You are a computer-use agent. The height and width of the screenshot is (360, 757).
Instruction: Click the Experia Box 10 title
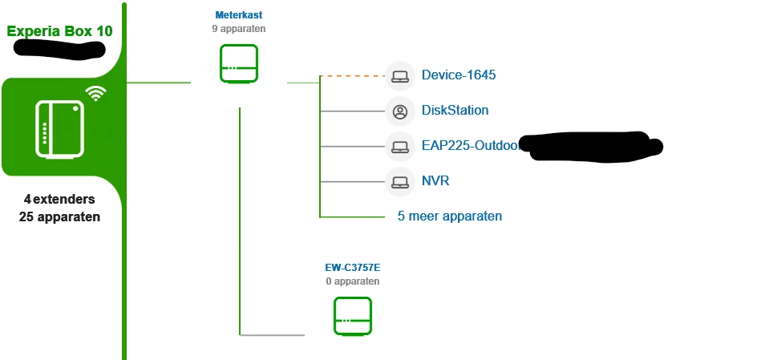click(59, 32)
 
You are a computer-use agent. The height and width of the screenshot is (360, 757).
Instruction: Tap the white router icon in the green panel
click(59, 128)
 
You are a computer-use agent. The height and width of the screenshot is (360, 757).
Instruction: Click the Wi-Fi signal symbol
click(96, 93)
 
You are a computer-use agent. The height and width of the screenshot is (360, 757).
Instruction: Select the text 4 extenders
click(59, 199)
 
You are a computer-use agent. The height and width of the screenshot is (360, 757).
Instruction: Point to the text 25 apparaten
click(59, 216)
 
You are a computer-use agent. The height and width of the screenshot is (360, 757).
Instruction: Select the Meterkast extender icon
click(239, 64)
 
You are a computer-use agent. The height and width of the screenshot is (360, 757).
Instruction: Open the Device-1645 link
click(459, 75)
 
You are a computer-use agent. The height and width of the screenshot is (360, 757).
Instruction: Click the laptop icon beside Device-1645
click(399, 76)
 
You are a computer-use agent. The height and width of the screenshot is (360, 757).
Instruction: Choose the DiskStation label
click(455, 111)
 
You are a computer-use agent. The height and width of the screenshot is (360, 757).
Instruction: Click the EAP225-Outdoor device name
click(470, 146)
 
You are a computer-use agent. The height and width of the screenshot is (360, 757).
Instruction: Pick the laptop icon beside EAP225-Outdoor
click(399, 147)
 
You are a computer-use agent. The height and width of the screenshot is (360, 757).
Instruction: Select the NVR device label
click(435, 181)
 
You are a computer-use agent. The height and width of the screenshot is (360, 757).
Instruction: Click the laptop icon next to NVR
click(399, 182)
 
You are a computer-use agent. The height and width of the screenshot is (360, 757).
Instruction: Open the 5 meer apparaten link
click(450, 216)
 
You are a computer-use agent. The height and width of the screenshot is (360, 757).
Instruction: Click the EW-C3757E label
click(352, 268)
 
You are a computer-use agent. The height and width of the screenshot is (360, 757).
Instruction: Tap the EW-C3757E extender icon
click(353, 316)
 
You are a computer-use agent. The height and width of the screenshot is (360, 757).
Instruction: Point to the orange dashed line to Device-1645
click(353, 76)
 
